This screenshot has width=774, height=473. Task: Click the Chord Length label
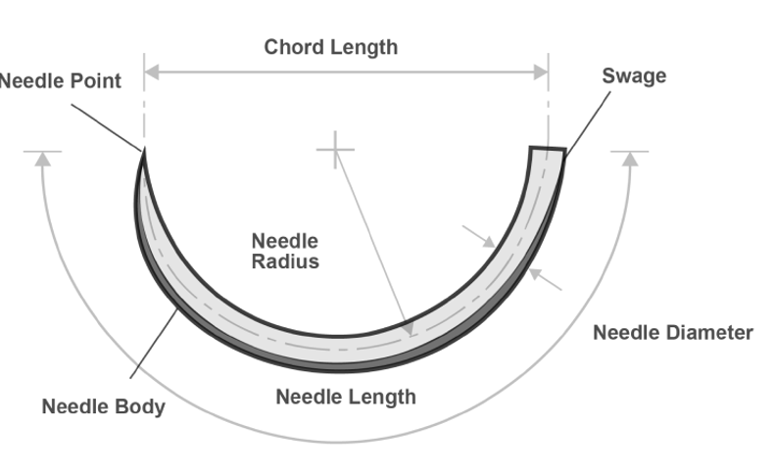[x=331, y=47]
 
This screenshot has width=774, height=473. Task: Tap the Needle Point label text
[x=60, y=81]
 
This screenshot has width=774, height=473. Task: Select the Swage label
[x=634, y=76]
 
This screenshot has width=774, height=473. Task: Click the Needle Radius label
[x=285, y=251]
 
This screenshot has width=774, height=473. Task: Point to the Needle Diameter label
[x=673, y=332]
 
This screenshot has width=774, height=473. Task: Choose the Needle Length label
[x=346, y=397]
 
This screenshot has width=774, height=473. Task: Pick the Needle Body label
[x=103, y=407]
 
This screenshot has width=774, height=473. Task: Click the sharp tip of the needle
[x=144, y=150]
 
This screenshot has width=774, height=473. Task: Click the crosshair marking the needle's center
[x=336, y=150]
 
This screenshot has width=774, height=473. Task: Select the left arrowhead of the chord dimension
[x=152, y=72]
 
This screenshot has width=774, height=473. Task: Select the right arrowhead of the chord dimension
[x=541, y=72]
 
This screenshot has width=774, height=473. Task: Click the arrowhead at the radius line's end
[x=409, y=329]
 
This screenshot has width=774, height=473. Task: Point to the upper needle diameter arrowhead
[x=489, y=241]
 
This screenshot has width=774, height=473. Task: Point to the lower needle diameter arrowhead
[x=535, y=273]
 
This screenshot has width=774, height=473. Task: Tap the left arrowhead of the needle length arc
[x=43, y=160]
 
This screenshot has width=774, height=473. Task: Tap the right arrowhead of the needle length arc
[x=630, y=160]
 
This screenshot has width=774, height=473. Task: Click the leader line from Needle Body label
[x=154, y=344]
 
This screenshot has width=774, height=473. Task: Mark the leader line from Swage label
[x=588, y=124]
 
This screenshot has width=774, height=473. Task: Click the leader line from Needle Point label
[x=106, y=127]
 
